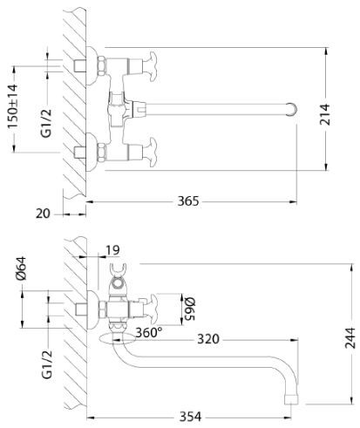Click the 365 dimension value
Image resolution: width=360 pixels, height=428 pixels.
(x=188, y=201)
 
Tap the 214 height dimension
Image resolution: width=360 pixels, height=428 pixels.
(x=325, y=114)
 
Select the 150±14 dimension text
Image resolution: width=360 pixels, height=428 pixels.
(x=13, y=106)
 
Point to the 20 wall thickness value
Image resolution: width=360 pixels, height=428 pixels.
(x=43, y=214)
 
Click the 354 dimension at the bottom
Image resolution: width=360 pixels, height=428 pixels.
(x=190, y=417)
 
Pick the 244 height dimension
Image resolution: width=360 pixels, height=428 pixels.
(x=350, y=338)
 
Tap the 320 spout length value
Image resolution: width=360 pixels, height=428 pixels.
(x=208, y=339)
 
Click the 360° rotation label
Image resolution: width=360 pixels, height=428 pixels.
(x=149, y=332)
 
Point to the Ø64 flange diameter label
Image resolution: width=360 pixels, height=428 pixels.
(x=22, y=268)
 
